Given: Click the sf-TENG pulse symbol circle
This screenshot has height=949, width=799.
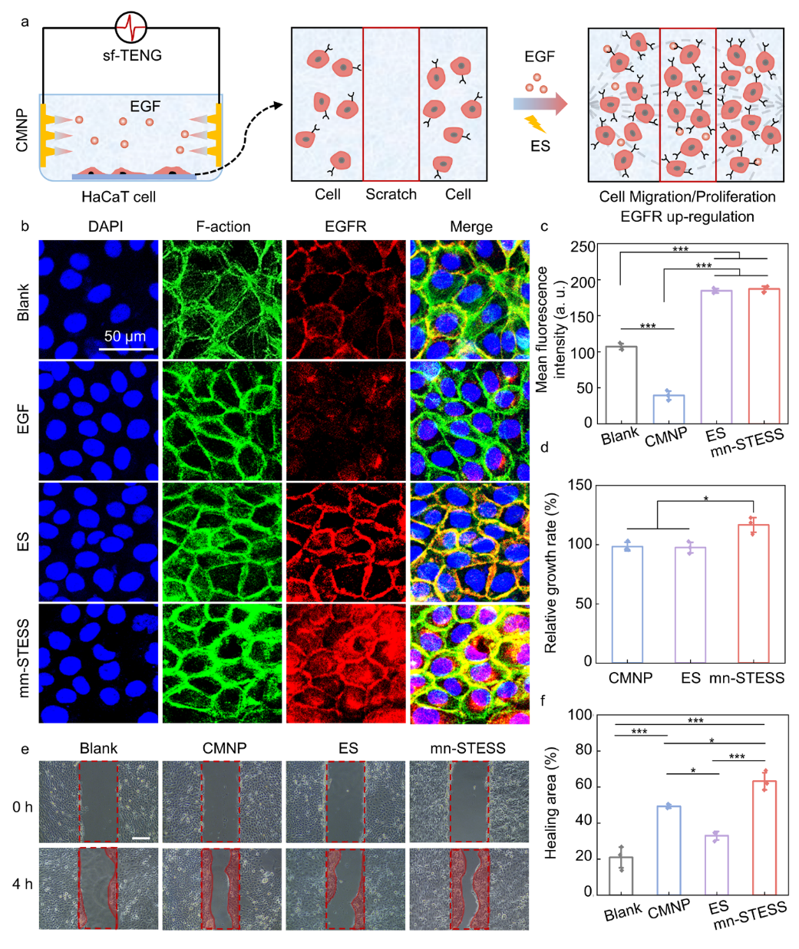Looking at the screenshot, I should click(130, 28).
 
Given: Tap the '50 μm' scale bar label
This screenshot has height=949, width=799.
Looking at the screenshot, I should click(125, 336).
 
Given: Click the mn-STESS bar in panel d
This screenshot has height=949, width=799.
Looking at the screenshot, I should click(753, 593).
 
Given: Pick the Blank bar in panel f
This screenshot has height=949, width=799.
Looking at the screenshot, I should click(621, 875).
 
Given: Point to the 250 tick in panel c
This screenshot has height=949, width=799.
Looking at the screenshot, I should click(583, 246).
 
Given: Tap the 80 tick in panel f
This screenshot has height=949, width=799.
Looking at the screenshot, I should click(583, 750).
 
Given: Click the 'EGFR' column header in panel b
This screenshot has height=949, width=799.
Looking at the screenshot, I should click(346, 227).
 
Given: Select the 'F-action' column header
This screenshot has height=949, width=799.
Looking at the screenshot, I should click(222, 227).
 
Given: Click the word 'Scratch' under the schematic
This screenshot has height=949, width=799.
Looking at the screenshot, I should click(391, 195).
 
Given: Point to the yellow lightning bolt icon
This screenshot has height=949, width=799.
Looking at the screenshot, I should click(535, 124).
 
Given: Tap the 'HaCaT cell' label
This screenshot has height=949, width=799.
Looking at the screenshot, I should click(118, 197).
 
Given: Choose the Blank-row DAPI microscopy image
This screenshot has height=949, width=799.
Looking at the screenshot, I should click(98, 299).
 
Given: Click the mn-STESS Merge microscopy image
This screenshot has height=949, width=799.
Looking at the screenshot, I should click(470, 664).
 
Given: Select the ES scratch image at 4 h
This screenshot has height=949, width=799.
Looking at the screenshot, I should click(345, 888).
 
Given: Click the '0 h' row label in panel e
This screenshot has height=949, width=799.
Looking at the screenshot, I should click(22, 807).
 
